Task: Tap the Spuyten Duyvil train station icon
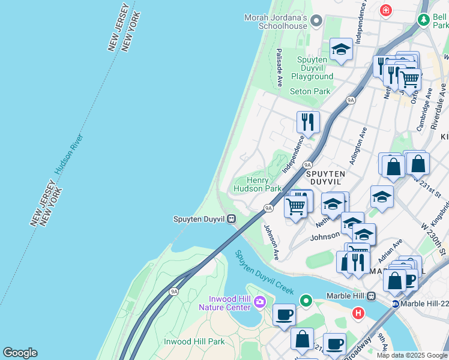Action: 230,219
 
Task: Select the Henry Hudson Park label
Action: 257,184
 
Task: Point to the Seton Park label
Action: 310,91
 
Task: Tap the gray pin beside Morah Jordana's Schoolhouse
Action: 317,22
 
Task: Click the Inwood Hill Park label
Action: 194,341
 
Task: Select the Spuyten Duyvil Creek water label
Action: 264,272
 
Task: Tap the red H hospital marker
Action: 358,313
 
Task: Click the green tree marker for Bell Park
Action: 424,20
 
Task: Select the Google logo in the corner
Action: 20,353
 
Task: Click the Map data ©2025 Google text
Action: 412,355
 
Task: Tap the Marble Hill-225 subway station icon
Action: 396,304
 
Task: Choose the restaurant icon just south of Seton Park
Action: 307,122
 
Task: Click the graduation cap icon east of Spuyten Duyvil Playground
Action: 341,50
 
